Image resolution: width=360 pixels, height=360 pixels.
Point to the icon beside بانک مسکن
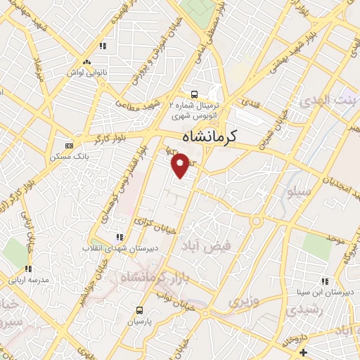pos(68,146)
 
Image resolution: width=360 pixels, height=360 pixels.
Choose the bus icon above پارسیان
pos(139,310)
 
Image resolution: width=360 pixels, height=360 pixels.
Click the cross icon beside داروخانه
pos(303,352)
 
